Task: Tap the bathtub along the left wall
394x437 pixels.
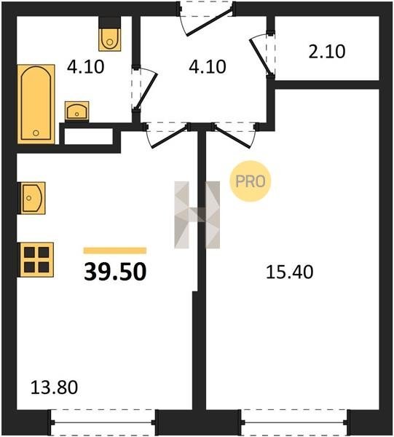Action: click(x=36, y=104)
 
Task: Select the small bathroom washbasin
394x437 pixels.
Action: click(x=77, y=111)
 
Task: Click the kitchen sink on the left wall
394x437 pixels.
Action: click(x=31, y=198)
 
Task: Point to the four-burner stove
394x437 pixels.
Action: click(x=36, y=260)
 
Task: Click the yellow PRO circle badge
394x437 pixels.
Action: click(x=251, y=181)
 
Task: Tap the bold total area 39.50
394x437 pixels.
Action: click(x=115, y=272)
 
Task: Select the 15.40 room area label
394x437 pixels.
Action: click(x=290, y=272)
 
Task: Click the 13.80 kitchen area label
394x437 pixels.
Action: click(x=54, y=387)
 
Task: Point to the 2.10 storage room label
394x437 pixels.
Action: click(x=327, y=52)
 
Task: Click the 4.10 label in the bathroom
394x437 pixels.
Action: click(x=85, y=67)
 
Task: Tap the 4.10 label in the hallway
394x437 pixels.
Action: click(x=208, y=67)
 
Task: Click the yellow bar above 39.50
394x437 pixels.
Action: click(x=115, y=251)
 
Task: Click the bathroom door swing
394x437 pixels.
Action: click(x=144, y=88)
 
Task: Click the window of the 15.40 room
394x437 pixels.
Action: click(x=296, y=422)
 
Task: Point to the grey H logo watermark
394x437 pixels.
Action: click(x=197, y=215)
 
